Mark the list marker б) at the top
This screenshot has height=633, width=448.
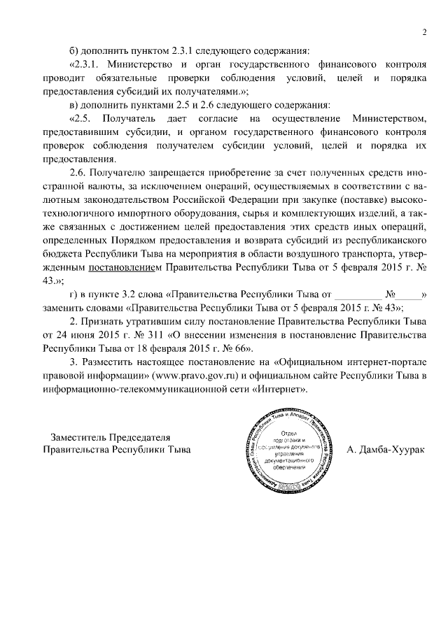point(75,50)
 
